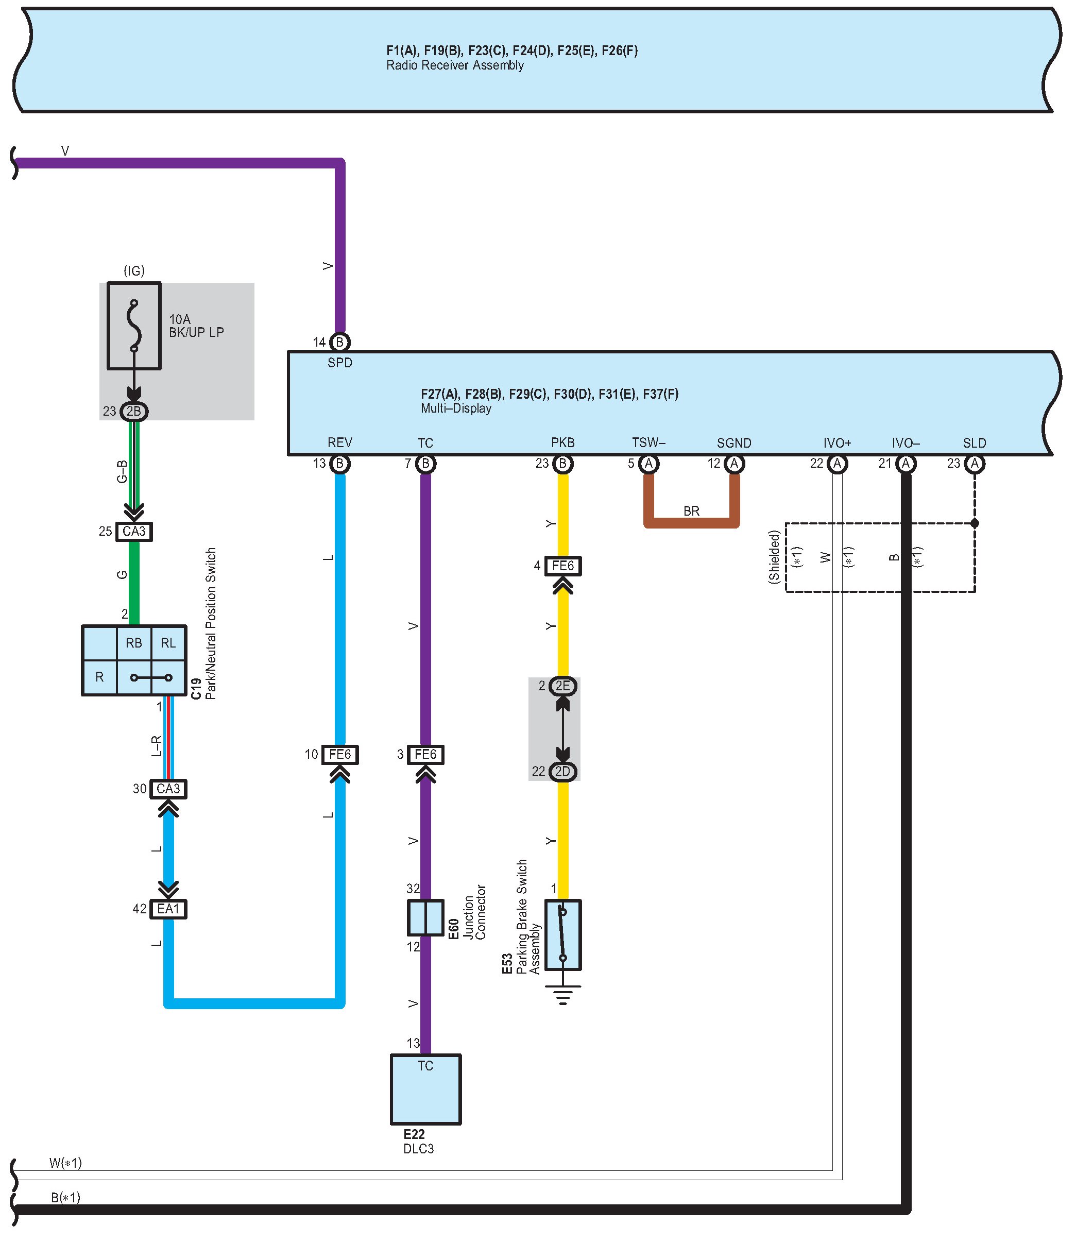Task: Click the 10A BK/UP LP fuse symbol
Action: coord(134,326)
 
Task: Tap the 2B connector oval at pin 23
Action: coord(134,412)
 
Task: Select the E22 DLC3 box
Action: coord(426,1088)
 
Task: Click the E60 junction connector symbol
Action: coord(426,917)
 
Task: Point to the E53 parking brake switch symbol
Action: coord(562,934)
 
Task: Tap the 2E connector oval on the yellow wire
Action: coord(562,686)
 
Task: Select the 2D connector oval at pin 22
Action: coord(562,771)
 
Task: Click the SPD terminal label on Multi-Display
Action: coord(340,363)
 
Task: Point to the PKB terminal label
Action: coord(562,442)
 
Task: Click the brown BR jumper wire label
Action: coord(691,511)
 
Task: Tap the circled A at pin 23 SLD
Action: coord(975,464)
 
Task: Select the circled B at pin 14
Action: coord(340,342)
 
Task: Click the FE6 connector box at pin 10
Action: coord(340,754)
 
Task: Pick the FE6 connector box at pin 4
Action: coord(562,566)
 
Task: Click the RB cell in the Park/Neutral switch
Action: coord(134,643)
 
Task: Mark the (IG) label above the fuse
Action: coord(134,271)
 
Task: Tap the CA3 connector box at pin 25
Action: coord(134,532)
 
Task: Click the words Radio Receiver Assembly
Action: coord(454,65)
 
